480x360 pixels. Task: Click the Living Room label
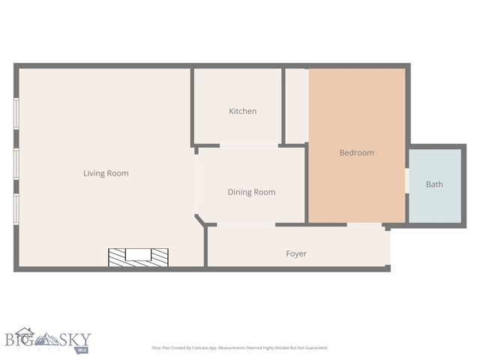tap(106, 173)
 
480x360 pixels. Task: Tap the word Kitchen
tap(242, 111)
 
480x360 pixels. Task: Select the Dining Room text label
tap(251, 192)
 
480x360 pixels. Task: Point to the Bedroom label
tap(356, 153)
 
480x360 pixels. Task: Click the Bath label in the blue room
tap(434, 184)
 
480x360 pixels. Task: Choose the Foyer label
tap(296, 253)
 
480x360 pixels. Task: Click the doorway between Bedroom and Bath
tap(406, 181)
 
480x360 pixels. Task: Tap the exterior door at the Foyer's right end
tap(388, 247)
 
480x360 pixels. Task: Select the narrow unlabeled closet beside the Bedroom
tap(295, 105)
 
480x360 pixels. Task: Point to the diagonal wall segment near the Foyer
tap(200, 220)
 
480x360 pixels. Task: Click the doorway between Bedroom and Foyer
tap(365, 224)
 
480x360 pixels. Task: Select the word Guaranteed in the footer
tap(313, 348)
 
